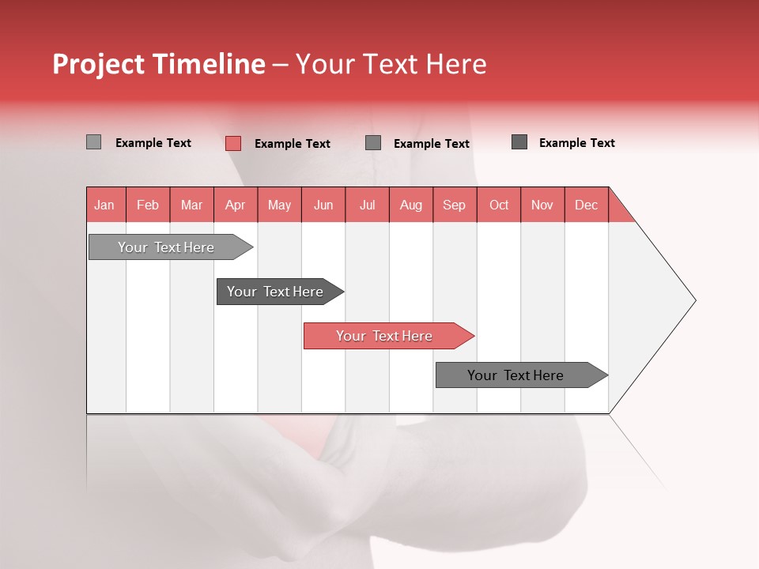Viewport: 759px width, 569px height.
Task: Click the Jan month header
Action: (104, 205)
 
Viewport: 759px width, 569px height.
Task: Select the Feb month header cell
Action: (148, 205)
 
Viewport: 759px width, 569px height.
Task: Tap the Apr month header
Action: (235, 205)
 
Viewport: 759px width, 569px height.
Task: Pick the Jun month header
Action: (323, 205)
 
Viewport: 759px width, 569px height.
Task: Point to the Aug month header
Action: (410, 205)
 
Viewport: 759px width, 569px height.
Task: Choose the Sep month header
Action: (454, 205)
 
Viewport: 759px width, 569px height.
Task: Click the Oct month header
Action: (499, 205)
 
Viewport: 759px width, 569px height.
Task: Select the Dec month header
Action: (586, 205)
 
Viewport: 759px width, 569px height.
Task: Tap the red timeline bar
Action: (386, 336)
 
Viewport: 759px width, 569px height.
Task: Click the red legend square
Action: (233, 143)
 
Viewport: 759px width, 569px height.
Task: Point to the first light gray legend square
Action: (93, 142)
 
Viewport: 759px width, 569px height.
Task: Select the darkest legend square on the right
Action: (519, 142)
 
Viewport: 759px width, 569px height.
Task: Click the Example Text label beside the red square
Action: (293, 144)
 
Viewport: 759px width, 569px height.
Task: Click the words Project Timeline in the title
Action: (159, 64)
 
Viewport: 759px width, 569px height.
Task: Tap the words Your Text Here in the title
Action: (391, 64)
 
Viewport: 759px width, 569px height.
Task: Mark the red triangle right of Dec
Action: (618, 210)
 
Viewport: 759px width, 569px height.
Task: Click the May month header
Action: (279, 205)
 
